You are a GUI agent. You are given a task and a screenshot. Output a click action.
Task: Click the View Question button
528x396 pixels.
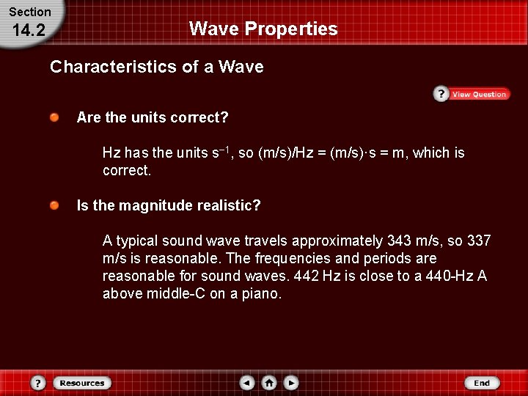(x=471, y=94)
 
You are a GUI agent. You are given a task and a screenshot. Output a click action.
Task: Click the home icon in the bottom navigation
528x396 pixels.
(x=269, y=383)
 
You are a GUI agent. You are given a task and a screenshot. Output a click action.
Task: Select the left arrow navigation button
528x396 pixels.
(x=248, y=383)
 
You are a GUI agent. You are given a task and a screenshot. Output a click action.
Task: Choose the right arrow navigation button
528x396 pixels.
(x=291, y=383)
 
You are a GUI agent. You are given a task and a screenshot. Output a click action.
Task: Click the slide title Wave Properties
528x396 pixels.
(x=263, y=29)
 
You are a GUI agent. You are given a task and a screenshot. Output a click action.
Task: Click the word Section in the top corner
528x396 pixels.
(x=29, y=12)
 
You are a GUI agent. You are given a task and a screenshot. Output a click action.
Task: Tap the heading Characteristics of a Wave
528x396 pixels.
(x=156, y=67)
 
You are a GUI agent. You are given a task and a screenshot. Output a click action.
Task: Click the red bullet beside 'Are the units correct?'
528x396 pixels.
(x=55, y=117)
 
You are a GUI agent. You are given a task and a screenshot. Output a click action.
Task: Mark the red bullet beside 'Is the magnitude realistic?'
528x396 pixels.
(x=55, y=206)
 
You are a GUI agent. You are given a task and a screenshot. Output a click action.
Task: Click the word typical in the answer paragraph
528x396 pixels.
(x=139, y=241)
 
